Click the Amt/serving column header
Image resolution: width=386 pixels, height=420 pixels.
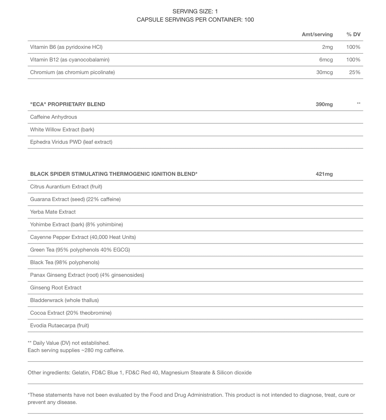click(x=317, y=34)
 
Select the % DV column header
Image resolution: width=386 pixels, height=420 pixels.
click(x=353, y=34)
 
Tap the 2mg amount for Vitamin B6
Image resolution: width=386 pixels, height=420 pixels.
click(x=327, y=47)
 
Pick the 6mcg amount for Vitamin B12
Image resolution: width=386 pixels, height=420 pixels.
click(x=326, y=60)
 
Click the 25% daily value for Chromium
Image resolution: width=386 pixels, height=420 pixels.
click(x=354, y=72)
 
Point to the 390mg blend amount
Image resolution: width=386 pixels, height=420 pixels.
click(x=324, y=104)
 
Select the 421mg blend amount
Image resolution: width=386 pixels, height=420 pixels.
click(x=324, y=174)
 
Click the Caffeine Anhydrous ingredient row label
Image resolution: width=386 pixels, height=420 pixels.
click(x=53, y=117)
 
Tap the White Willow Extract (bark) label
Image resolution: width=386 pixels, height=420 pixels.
click(x=62, y=130)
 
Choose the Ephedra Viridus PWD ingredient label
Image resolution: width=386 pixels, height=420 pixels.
click(x=71, y=142)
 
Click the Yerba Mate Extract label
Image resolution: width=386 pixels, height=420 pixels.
click(x=53, y=212)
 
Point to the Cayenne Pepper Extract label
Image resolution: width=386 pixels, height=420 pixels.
click(x=83, y=237)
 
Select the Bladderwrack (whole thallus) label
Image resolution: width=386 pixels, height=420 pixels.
click(x=64, y=300)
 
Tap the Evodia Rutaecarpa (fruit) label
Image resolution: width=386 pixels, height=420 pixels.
click(x=60, y=326)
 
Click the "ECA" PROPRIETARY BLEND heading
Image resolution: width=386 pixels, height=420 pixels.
click(x=68, y=104)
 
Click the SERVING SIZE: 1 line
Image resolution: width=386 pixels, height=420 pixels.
click(x=195, y=11)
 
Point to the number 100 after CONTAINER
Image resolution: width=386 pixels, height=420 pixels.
click(x=249, y=20)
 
